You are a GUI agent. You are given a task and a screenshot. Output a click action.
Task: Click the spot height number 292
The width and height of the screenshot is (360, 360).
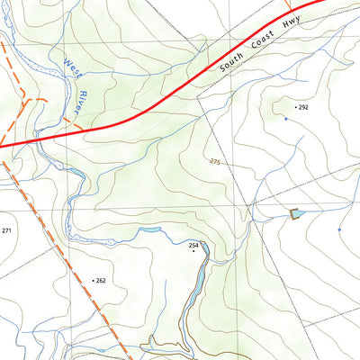[303, 107]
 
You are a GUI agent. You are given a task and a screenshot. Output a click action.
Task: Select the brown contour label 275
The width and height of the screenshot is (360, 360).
[214, 161]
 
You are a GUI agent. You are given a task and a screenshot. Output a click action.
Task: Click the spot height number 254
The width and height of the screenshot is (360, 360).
[193, 245]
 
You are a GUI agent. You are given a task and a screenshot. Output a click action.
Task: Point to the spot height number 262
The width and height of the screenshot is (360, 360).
[101, 281]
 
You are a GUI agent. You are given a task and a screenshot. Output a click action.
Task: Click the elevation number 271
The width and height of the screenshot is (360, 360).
[7, 231]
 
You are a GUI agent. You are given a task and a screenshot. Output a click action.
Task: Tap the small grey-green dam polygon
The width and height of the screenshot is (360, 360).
[294, 213]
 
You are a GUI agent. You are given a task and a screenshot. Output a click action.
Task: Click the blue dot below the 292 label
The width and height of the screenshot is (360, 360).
[286, 119]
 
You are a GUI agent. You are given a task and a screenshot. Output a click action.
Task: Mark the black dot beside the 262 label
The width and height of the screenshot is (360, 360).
[93, 281]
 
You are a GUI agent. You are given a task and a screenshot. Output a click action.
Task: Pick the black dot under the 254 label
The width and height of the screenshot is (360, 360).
[193, 251]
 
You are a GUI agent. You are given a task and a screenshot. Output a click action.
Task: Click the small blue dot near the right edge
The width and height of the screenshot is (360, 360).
[339, 229]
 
